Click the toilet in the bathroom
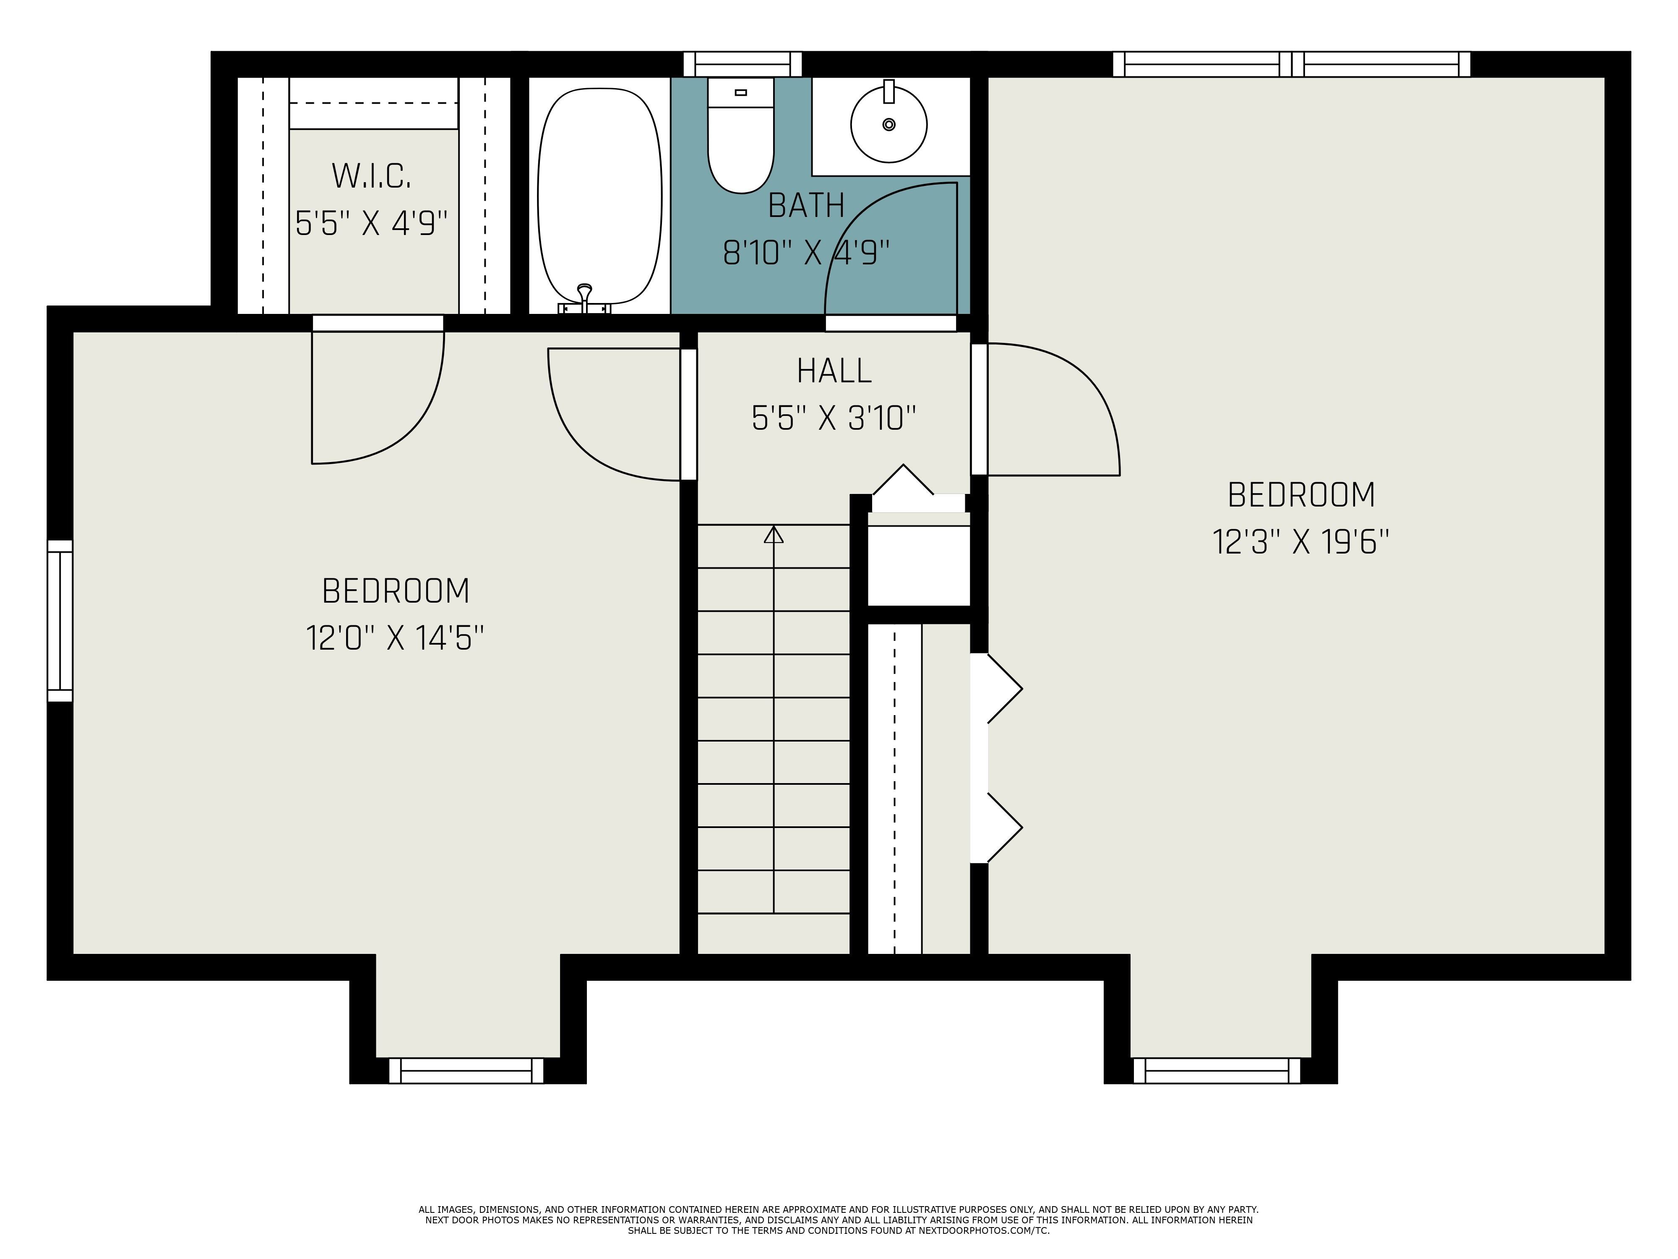[x=740, y=144]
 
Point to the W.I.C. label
[x=371, y=176]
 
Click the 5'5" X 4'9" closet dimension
[x=371, y=224]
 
